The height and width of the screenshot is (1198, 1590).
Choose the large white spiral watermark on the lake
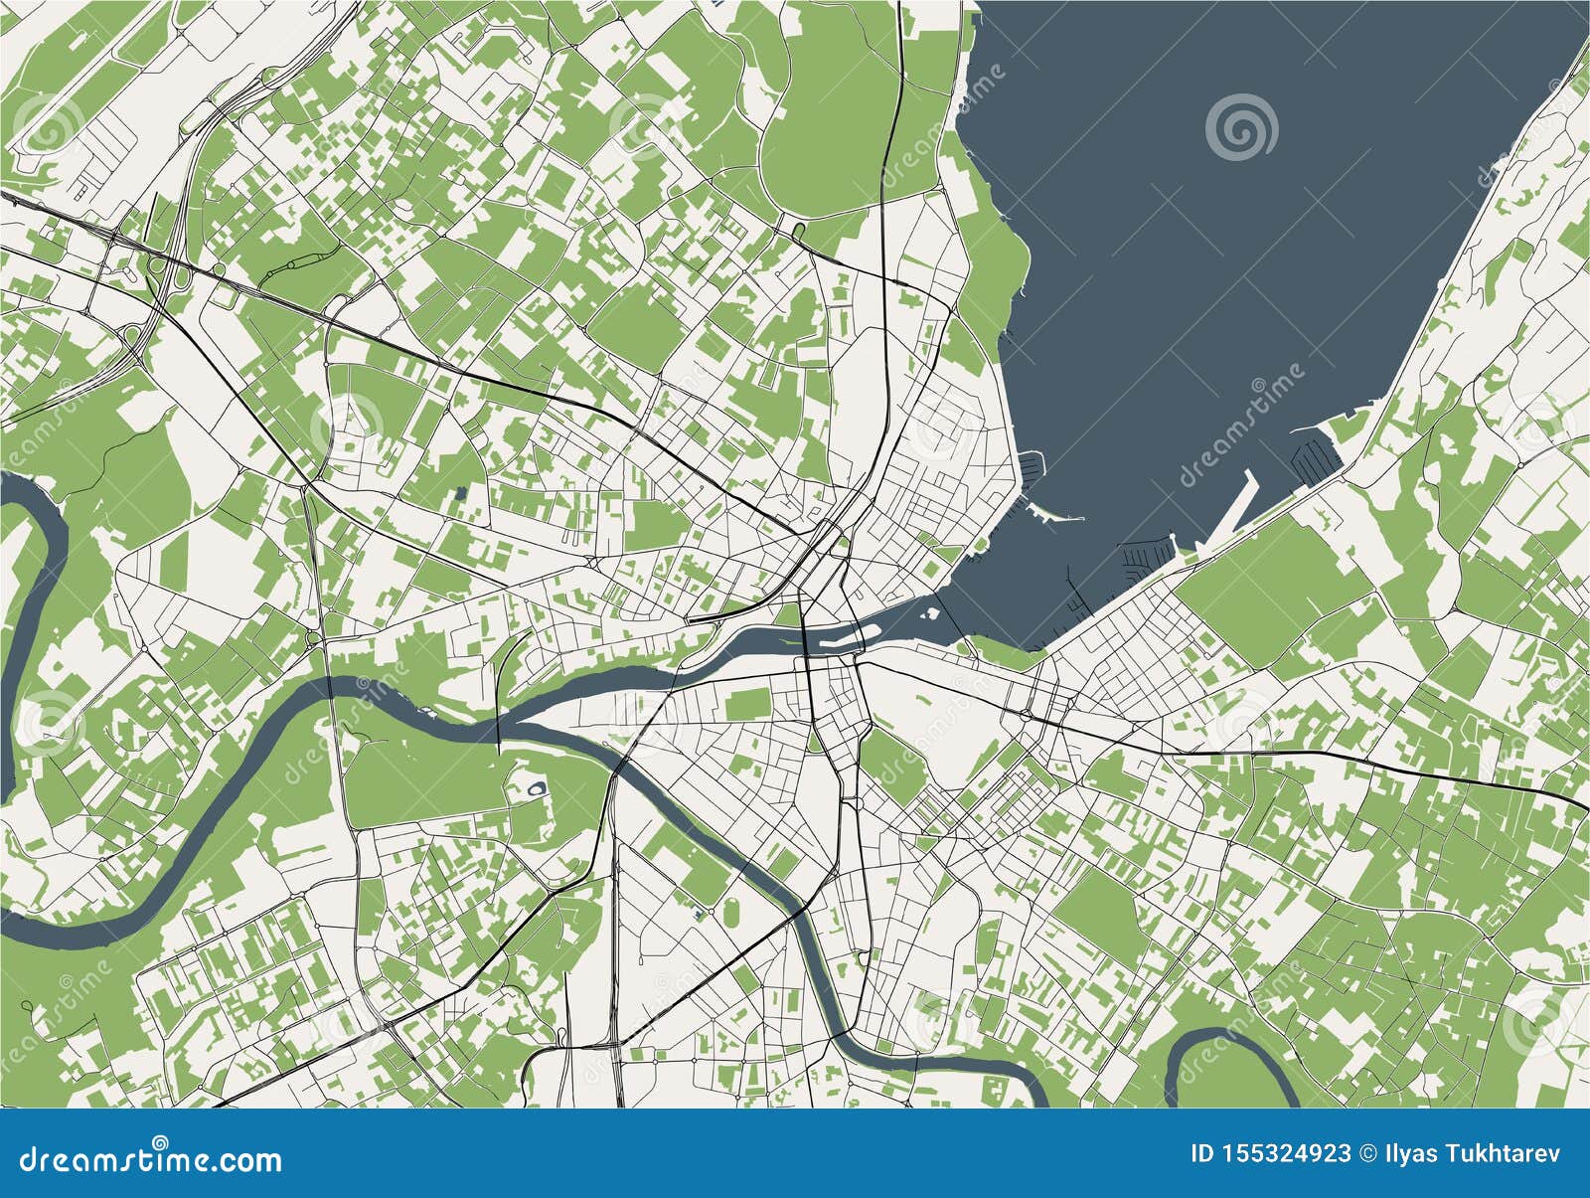pos(1241,126)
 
